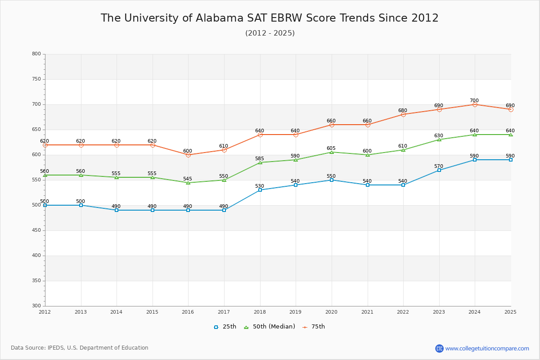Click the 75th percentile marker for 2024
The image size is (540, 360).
(x=475, y=104)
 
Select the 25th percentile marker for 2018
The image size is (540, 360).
(x=260, y=190)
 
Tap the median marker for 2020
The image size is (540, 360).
(x=332, y=152)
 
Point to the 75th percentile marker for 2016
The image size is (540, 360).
(x=188, y=155)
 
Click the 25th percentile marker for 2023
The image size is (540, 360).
(x=439, y=170)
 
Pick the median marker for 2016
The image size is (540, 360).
(x=188, y=183)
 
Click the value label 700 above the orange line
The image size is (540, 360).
(x=474, y=101)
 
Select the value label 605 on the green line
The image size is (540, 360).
(x=331, y=148)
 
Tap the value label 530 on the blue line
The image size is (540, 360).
(x=260, y=186)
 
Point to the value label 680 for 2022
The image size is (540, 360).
(x=403, y=111)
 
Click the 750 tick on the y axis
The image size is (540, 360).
(x=36, y=79)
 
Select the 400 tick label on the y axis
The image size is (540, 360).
(x=36, y=256)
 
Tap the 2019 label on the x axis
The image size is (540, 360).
(x=295, y=312)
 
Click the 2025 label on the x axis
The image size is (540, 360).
(x=510, y=312)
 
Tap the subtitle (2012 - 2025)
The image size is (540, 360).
(x=270, y=33)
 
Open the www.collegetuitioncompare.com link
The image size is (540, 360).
(x=487, y=348)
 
